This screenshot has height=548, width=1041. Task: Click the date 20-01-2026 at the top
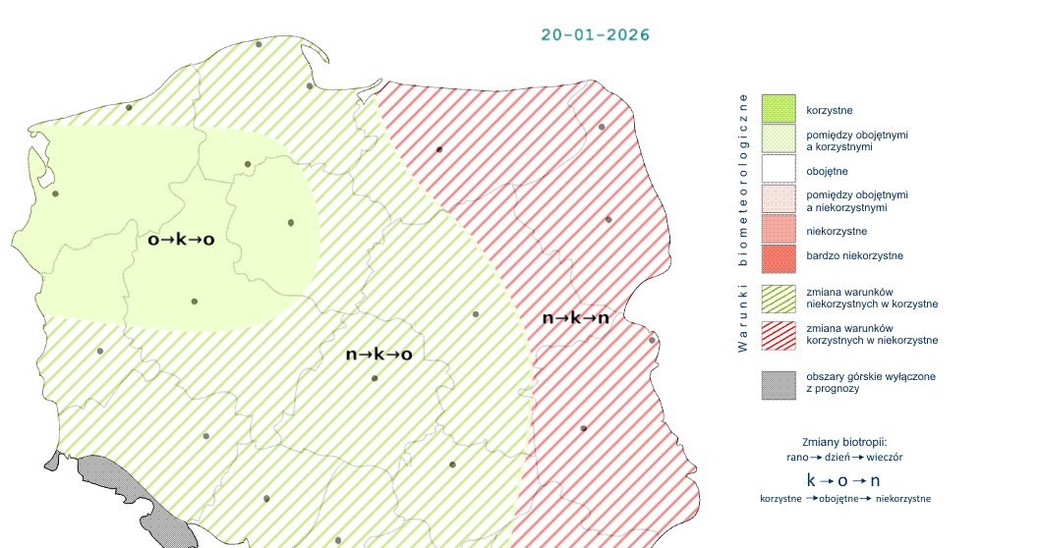point(595,34)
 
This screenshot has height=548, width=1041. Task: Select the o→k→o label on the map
point(181,239)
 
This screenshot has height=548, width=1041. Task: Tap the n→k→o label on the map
point(378,354)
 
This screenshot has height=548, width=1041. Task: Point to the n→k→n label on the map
point(575,317)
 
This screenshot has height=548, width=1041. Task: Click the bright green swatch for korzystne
point(778,108)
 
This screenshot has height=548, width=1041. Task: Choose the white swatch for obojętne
point(778,171)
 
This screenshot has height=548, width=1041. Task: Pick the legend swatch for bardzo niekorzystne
point(778,256)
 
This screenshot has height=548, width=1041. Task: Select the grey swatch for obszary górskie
point(778,383)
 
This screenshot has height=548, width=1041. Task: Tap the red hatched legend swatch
point(778,333)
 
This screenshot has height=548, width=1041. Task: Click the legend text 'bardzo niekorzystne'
point(854,256)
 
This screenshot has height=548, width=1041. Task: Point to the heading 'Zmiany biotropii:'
point(844,442)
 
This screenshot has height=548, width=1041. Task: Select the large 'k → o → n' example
point(843,480)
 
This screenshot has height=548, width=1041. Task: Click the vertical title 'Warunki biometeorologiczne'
point(743,222)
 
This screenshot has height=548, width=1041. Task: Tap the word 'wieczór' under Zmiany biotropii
point(885,458)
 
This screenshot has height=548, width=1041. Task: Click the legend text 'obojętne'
point(826,171)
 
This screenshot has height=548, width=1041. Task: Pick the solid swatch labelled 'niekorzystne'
point(778,231)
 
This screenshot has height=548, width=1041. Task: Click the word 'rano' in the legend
point(797,458)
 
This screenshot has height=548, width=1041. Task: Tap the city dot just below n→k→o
point(374,378)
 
